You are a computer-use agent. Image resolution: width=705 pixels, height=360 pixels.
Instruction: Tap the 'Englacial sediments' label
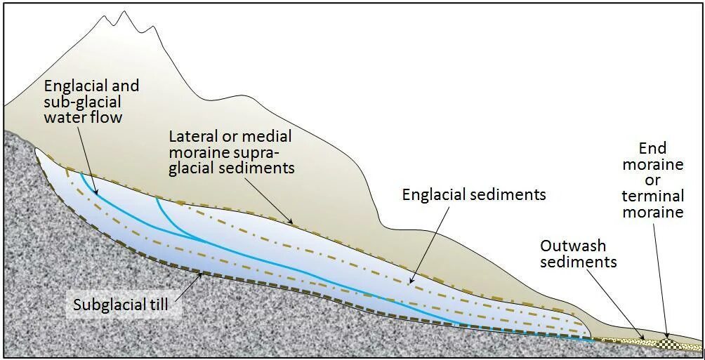pos(473,194)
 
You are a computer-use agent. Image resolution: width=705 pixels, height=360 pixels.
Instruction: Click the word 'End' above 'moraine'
pos(652,149)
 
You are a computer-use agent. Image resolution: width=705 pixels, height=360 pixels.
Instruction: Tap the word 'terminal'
pos(652,196)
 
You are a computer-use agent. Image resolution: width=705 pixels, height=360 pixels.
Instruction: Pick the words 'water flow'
pos(83,116)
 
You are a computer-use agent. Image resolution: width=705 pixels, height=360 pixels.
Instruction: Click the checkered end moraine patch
pos(671,344)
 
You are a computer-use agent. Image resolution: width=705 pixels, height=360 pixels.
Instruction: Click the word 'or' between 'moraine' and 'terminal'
pos(652,180)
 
